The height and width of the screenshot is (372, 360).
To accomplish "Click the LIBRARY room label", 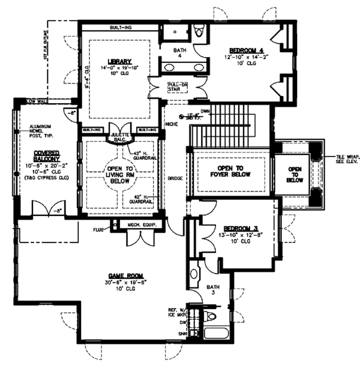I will pos(119,61).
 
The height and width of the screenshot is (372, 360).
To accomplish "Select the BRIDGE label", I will pos(175,179).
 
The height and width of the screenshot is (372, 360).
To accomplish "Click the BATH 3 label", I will pos(215,290).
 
